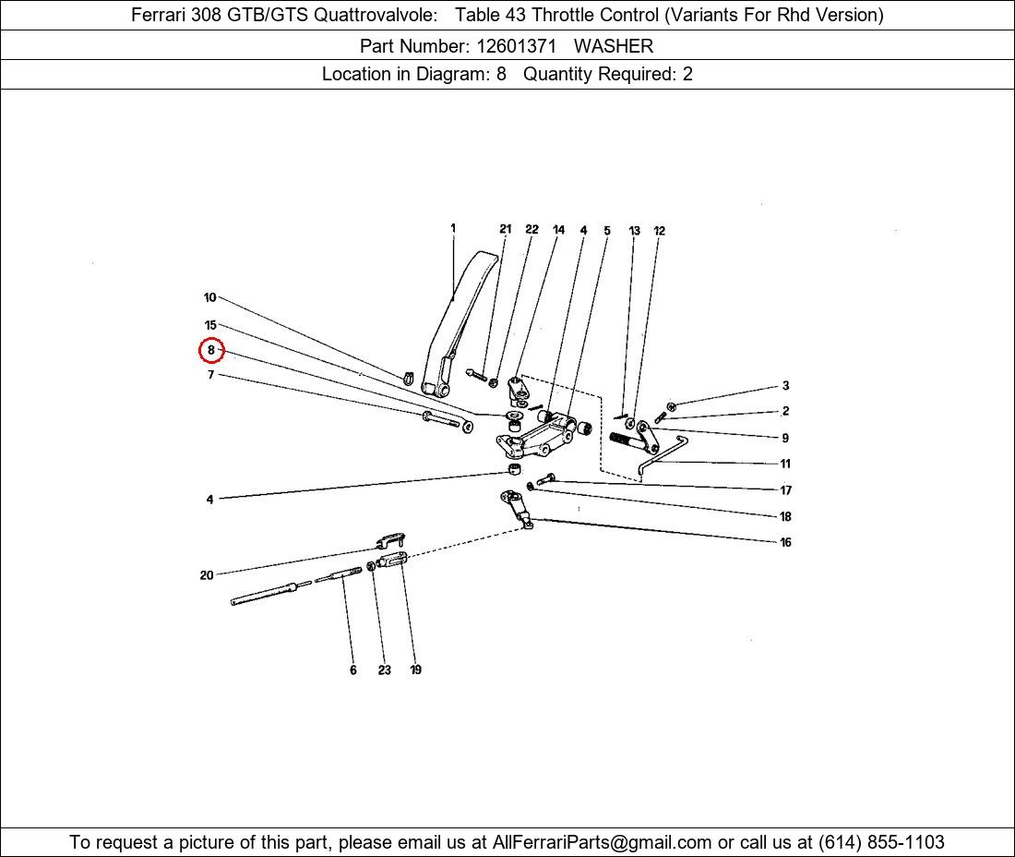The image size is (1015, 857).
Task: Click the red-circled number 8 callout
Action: (211, 350)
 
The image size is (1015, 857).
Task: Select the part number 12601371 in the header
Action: (516, 46)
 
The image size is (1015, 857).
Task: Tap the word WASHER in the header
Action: (613, 46)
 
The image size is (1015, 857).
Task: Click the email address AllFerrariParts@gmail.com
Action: (602, 842)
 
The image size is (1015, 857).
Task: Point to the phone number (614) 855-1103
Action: (881, 842)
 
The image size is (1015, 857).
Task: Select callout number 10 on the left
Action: (209, 297)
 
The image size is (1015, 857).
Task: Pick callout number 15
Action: (210, 325)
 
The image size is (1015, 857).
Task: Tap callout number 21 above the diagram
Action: (506, 229)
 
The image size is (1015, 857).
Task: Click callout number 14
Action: (558, 229)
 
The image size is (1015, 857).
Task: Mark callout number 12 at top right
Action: (659, 231)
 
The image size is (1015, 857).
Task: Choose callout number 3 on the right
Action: (786, 385)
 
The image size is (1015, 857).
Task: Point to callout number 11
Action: (785, 464)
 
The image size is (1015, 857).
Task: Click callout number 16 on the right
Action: (786, 542)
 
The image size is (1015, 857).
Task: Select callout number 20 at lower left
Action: (207, 575)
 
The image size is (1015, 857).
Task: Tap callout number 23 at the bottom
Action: (385, 670)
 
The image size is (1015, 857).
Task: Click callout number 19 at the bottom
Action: (415, 670)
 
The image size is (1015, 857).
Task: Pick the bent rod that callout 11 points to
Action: (662, 456)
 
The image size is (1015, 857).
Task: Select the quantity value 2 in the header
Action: (687, 74)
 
